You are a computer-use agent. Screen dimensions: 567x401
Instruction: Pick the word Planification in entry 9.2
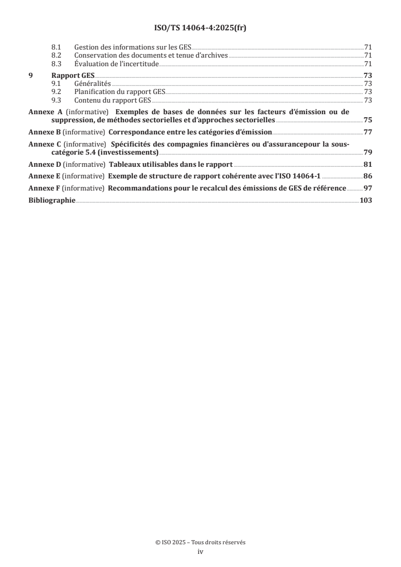94,92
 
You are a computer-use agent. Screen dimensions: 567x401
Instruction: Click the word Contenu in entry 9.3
87,100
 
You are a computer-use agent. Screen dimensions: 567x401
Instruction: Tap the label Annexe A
44,112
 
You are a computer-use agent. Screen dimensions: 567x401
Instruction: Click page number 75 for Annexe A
368,120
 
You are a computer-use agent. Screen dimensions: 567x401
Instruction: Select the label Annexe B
44,132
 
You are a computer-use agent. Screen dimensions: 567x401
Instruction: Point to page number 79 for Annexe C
368,152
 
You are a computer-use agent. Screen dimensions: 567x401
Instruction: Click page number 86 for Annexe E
368,176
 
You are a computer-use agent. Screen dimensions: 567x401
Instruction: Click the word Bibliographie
52,200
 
